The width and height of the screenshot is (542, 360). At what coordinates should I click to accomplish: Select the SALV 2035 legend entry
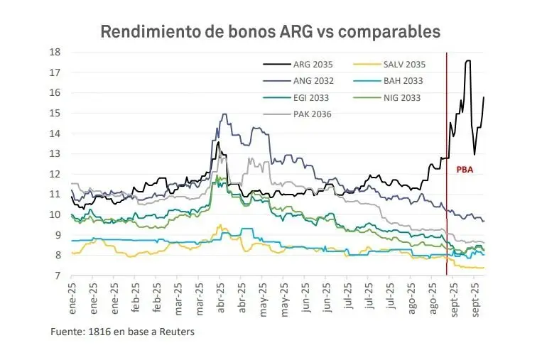404,65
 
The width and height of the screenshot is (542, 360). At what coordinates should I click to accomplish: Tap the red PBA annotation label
465,169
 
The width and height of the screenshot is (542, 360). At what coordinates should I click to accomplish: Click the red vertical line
447,213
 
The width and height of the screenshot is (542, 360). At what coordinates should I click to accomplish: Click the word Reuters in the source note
177,332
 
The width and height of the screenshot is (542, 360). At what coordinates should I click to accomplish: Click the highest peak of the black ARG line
467,61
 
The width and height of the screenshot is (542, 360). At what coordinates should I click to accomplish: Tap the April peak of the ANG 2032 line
224,114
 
